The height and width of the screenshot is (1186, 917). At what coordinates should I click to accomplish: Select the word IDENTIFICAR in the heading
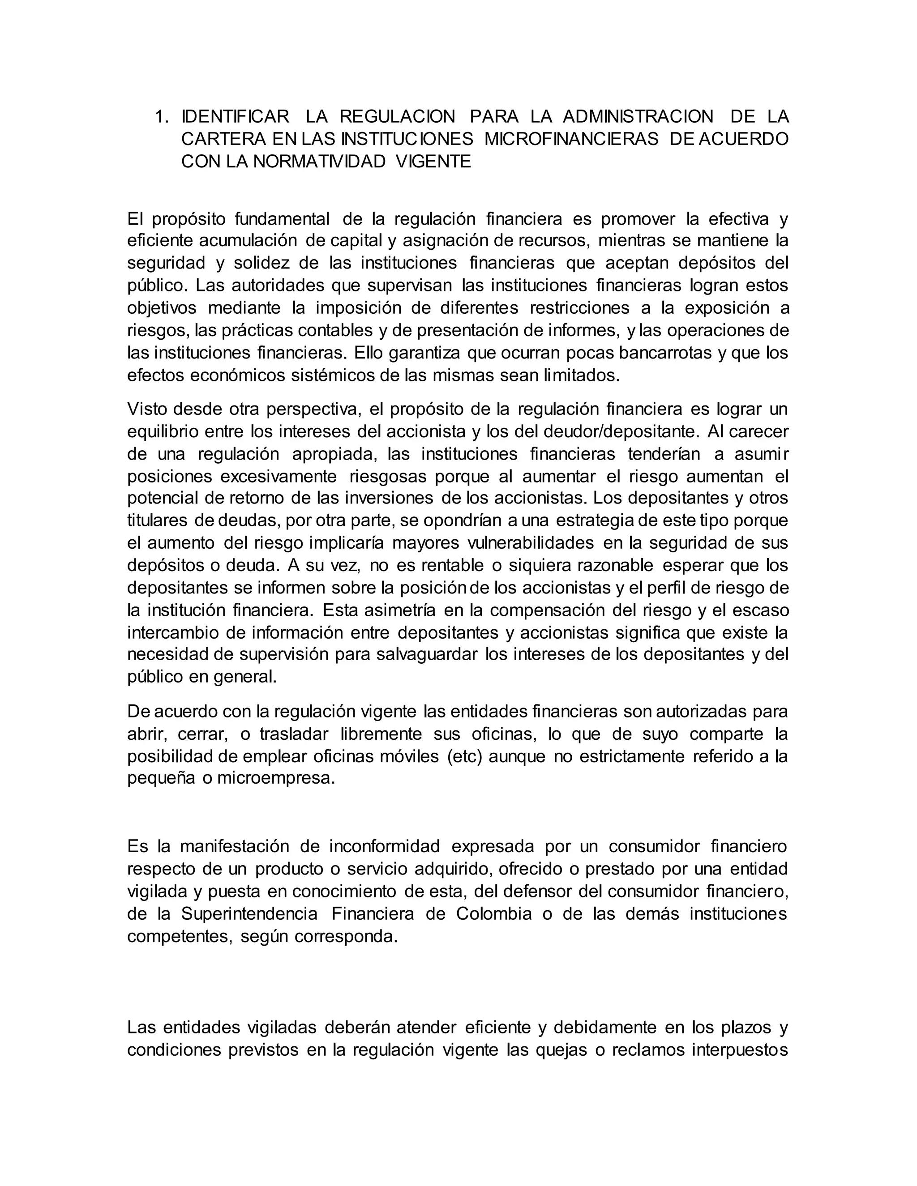235,117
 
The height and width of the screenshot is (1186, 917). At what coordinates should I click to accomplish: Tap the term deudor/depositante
617,432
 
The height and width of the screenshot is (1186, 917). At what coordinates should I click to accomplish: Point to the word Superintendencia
249,914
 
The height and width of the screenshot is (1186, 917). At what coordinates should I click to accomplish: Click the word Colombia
494,914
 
